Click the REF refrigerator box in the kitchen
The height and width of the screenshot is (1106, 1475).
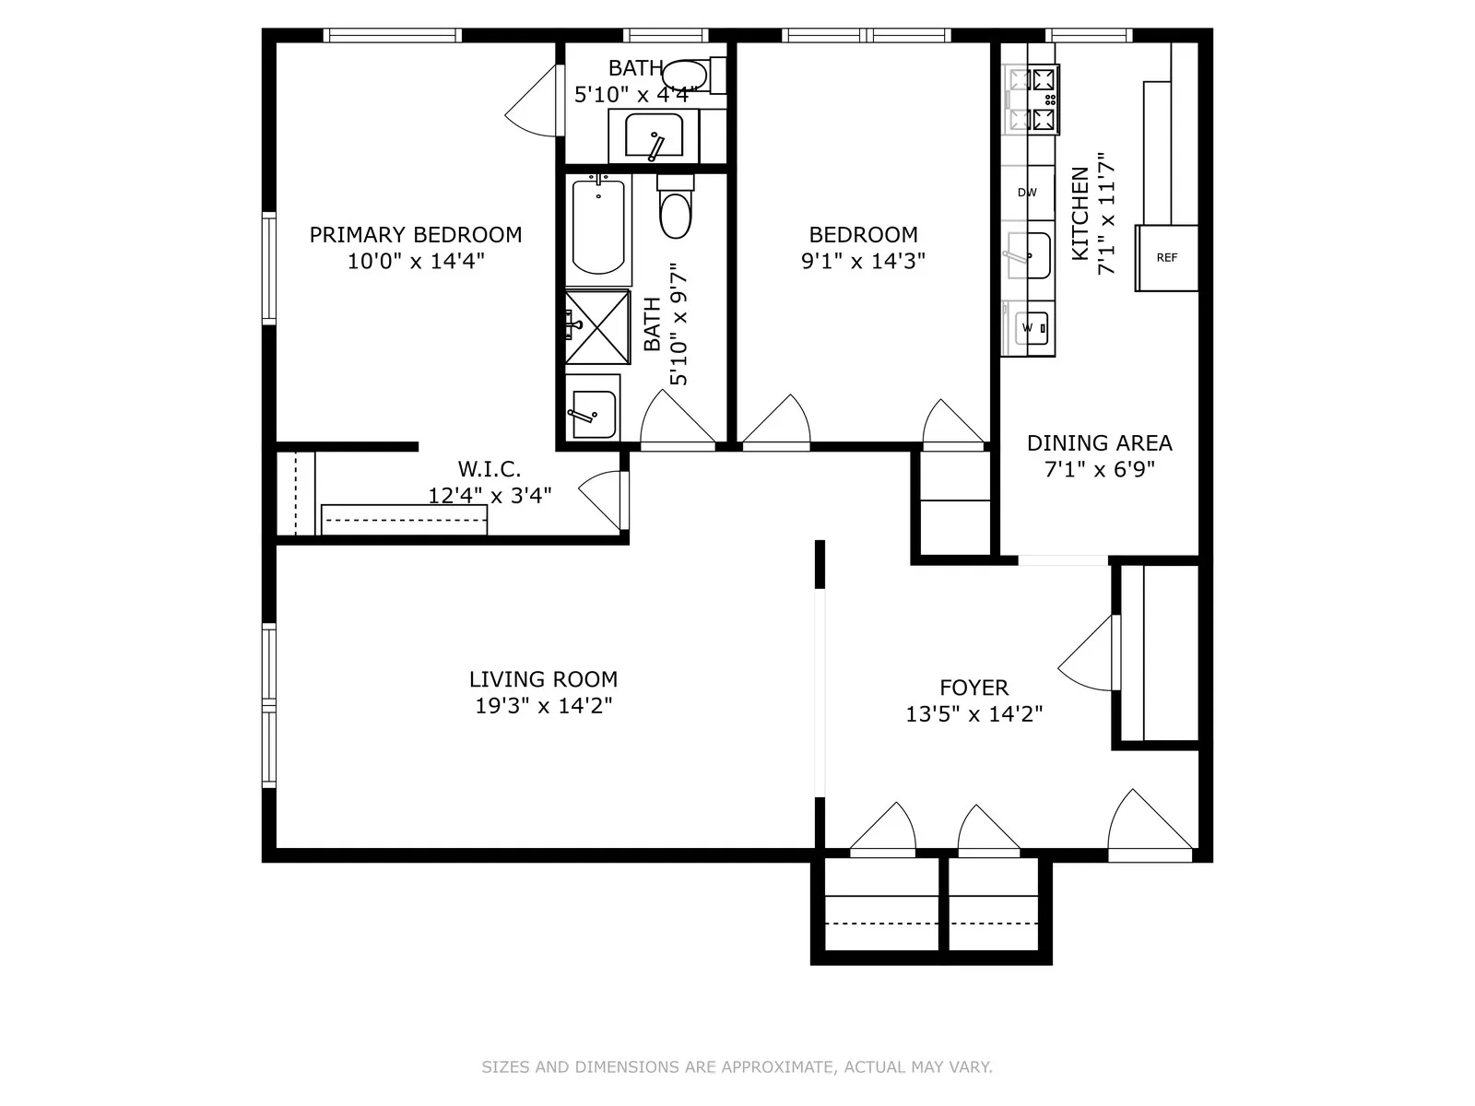point(1166,258)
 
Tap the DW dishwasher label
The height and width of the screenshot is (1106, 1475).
point(1027,193)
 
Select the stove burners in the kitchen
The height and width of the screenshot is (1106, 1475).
point(1032,98)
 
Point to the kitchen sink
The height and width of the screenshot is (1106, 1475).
point(1028,255)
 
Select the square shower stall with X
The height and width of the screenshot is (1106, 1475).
point(597,327)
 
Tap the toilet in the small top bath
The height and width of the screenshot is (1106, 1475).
point(684,76)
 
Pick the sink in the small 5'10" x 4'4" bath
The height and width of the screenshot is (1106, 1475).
point(654,136)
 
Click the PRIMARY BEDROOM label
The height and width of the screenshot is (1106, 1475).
point(415,235)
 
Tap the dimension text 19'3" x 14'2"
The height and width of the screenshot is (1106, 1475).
point(543,706)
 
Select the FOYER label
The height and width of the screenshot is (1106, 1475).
point(973,688)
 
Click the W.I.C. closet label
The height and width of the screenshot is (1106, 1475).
point(490,470)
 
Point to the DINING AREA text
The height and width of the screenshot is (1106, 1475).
point(1099,443)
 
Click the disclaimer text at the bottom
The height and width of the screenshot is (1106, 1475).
point(737,1067)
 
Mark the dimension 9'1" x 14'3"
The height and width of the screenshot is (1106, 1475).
point(863,261)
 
